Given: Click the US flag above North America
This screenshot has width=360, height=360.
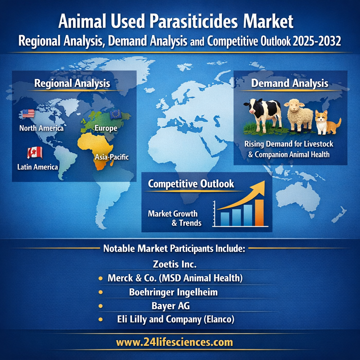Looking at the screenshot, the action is click(x=28, y=114).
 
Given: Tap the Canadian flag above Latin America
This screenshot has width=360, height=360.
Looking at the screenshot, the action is click(x=35, y=153).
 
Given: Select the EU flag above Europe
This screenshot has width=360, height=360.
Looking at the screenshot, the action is click(x=116, y=114).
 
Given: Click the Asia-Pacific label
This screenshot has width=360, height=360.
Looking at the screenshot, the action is click(x=112, y=157).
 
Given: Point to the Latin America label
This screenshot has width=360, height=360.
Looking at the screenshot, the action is click(x=38, y=167).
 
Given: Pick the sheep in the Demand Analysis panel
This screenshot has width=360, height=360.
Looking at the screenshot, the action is click(x=299, y=115).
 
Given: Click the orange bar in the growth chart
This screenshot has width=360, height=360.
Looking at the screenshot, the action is click(x=259, y=213).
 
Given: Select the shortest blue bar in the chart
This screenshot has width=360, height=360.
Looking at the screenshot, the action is click(x=225, y=219).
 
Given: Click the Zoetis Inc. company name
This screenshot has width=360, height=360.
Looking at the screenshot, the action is click(x=175, y=264).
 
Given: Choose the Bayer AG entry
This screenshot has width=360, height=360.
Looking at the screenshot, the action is click(x=171, y=306).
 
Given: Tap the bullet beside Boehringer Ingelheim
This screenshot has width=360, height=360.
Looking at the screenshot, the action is click(x=100, y=292).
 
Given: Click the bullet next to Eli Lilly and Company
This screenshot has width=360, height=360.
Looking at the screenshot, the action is click(x=100, y=319).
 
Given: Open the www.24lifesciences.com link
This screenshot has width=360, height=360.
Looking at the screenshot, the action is click(x=174, y=342).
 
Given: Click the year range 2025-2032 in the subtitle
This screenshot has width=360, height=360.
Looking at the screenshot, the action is click(x=317, y=41).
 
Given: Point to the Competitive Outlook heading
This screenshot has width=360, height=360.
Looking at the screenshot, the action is click(x=191, y=184).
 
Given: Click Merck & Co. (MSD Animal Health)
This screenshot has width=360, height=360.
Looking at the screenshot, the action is click(x=175, y=278).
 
